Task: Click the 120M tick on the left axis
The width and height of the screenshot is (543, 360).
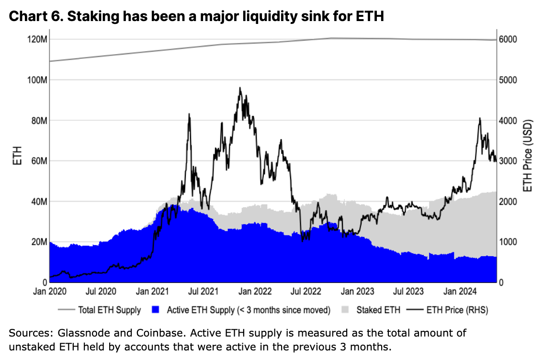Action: click(37, 39)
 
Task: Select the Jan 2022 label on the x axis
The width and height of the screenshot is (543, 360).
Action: click(255, 291)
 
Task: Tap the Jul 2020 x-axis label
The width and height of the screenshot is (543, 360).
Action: click(101, 291)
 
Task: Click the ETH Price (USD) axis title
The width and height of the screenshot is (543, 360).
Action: click(528, 156)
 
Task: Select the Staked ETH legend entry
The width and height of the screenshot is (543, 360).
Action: click(378, 310)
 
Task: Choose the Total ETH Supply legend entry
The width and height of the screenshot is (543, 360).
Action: click(109, 310)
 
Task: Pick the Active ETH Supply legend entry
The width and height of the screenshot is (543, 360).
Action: click(249, 310)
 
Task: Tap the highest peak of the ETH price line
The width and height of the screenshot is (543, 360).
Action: click(240, 88)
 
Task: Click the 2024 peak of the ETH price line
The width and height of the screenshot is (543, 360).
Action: click(479, 118)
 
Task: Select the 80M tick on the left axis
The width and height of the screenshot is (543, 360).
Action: click(38, 120)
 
